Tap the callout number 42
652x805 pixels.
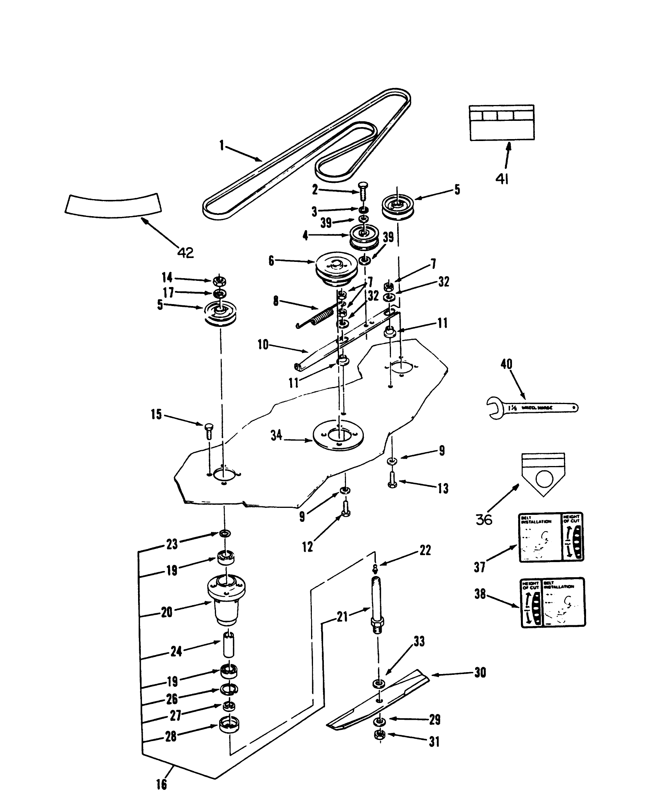[185, 253]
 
